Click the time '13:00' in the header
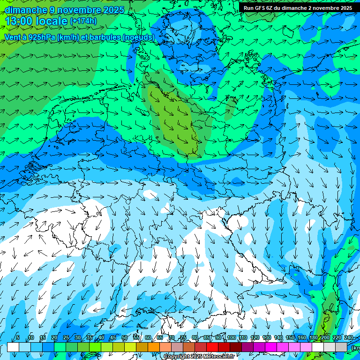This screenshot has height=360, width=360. (20, 21)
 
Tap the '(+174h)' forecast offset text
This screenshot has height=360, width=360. (83, 21)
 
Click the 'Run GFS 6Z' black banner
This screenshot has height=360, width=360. (298, 8)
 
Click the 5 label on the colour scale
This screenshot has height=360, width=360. (18, 337)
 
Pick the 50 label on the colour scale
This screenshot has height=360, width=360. (124, 337)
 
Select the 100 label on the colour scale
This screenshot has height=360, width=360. (231, 337)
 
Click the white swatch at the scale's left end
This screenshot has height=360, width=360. (13, 347)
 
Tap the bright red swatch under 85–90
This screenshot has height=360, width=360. (213, 347)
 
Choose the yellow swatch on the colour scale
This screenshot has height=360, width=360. (130, 347)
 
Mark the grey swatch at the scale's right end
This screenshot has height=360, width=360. (342, 347)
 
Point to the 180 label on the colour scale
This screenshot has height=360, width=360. (313, 337)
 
